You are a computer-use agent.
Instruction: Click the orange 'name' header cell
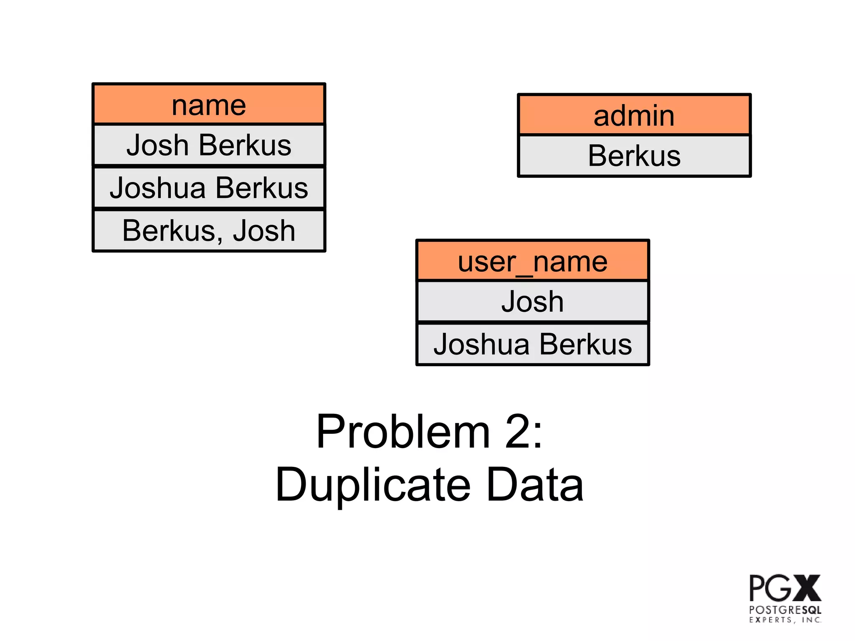[x=209, y=104]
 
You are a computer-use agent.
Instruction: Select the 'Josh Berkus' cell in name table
[x=209, y=145]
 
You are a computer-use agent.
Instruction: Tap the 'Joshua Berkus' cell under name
[x=209, y=187]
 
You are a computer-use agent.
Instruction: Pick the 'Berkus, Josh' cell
[x=209, y=231]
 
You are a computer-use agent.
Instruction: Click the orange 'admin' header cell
[x=634, y=115]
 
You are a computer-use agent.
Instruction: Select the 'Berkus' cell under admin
[x=634, y=156]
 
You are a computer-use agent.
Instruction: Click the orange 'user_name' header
[x=532, y=261]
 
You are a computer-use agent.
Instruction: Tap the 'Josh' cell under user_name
[x=532, y=301]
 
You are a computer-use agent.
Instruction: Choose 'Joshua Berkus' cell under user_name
[x=532, y=344]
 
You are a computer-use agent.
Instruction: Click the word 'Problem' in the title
[x=402, y=432]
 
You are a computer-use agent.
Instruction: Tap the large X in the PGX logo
[x=807, y=588]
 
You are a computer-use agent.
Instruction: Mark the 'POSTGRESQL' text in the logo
[x=785, y=610]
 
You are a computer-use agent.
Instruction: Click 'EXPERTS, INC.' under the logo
[x=785, y=620]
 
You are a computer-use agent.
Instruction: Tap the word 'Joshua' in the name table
[x=158, y=187]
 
